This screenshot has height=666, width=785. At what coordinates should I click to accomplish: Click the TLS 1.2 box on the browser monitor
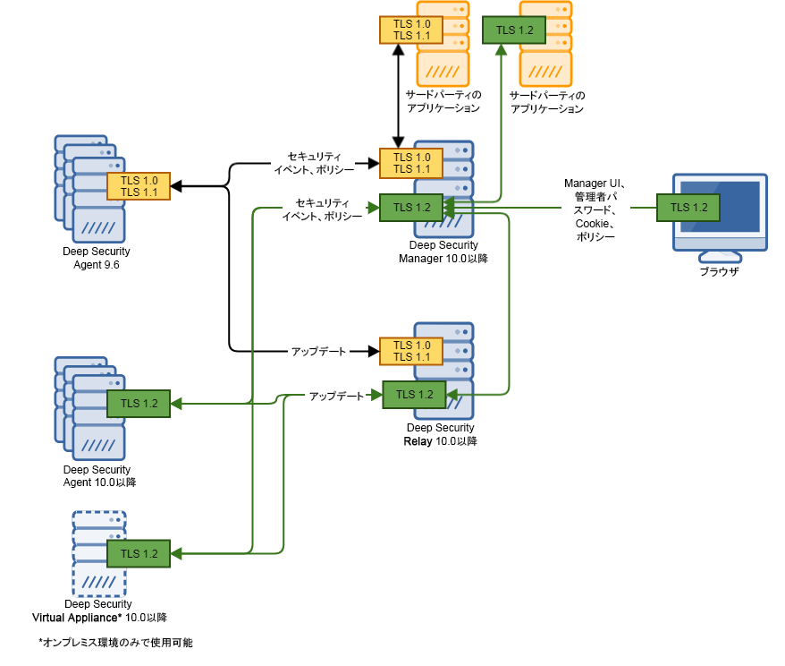tap(688, 207)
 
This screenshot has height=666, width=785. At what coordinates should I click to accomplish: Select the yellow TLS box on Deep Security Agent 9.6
tap(139, 186)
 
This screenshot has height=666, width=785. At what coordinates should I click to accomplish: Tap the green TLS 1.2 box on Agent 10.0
tap(139, 404)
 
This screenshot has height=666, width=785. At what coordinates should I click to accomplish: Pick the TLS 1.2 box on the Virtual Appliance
tap(139, 553)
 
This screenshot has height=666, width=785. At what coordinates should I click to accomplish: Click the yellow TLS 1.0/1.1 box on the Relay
tap(411, 351)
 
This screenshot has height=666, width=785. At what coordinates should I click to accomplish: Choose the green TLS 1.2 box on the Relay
tap(414, 395)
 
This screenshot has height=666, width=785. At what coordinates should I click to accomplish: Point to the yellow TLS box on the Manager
tap(411, 163)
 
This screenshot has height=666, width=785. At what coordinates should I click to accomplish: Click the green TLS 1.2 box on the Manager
tap(411, 208)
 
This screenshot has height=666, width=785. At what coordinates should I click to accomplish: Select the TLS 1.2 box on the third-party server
tap(514, 30)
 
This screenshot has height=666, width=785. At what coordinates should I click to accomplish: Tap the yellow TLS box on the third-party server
tap(411, 30)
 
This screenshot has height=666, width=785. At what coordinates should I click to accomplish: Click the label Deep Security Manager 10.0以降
tap(443, 252)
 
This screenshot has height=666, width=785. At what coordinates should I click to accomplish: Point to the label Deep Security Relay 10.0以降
tap(443, 434)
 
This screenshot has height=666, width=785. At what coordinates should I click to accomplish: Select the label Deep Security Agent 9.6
tap(97, 258)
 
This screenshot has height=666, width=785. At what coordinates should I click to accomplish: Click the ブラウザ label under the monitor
tap(720, 271)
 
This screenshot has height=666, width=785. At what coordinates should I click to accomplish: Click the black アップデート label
tap(318, 351)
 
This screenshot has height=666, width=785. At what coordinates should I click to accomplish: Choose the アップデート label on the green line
tap(336, 395)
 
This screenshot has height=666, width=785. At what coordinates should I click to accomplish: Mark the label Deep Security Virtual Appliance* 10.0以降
tap(99, 611)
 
